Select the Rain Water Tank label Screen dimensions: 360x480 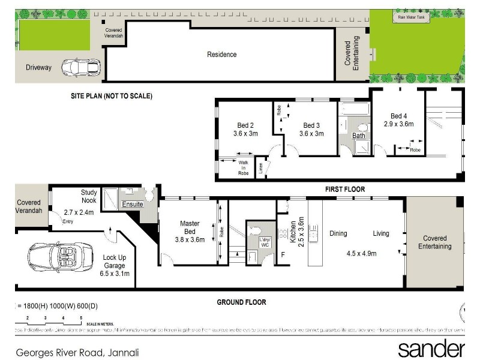(x=411, y=17)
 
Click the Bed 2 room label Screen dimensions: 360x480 (x=243, y=125)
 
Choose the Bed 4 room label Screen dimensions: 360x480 (x=398, y=116)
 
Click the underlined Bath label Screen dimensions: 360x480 (x=358, y=136)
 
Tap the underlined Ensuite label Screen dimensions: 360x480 (x=133, y=205)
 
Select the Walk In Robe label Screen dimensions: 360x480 (x=243, y=167)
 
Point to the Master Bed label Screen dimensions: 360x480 (x=190, y=227)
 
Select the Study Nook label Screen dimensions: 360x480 (x=89, y=197)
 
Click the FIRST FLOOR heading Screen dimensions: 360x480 (x=345, y=189)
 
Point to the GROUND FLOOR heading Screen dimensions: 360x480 (x=241, y=302)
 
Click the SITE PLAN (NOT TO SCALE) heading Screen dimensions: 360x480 (x=111, y=96)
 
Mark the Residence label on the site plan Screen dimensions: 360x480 (x=222, y=55)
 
